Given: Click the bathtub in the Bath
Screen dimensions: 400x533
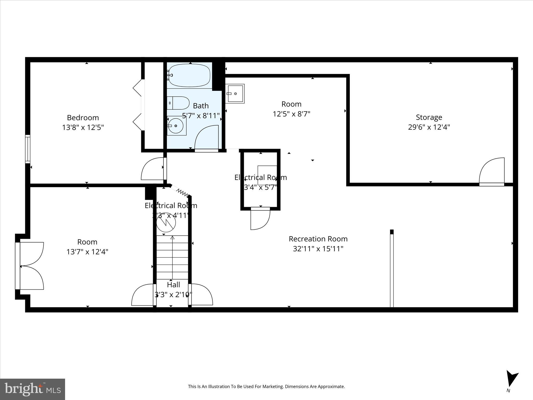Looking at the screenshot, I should [x=189, y=75].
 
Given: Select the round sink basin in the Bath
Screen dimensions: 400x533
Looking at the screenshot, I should [x=176, y=126].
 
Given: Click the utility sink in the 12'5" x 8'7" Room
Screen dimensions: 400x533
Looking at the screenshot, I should [x=235, y=93].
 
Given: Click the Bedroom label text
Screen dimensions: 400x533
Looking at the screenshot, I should [x=83, y=118].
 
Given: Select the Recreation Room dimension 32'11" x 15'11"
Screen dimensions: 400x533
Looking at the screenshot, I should [x=318, y=249].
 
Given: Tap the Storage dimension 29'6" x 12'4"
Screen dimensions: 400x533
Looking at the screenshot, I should [x=429, y=127].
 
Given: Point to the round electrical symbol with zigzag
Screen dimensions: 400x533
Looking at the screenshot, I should [x=166, y=223].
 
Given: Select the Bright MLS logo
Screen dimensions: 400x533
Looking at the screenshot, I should [x=33, y=389].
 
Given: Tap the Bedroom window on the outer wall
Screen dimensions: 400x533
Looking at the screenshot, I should [x=28, y=149].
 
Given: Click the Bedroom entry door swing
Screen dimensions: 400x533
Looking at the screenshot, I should [x=152, y=169].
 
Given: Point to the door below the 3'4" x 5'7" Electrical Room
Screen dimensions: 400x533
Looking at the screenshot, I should [x=260, y=219].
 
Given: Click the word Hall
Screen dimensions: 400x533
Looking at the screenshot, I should [x=173, y=285].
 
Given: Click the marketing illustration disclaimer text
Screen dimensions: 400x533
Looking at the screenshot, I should [x=266, y=386].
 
